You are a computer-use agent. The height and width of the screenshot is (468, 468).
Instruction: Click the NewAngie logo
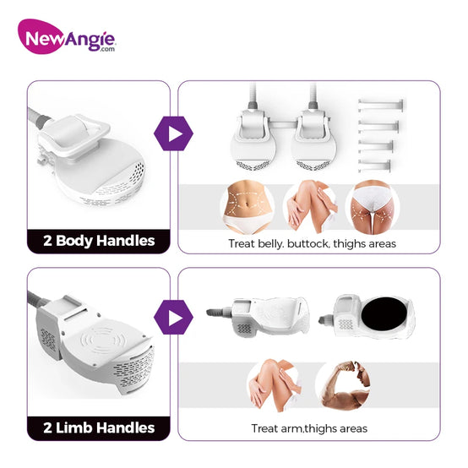click(66, 37)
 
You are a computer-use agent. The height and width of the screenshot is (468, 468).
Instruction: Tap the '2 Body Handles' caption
click(99, 241)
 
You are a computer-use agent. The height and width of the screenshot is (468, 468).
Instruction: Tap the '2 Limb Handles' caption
click(99, 427)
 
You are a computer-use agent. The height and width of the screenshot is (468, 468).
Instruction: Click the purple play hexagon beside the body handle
click(173, 133)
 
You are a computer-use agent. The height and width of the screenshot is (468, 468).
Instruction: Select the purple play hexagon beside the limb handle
click(173, 318)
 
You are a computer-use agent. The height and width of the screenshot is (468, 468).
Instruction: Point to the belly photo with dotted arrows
click(248, 206)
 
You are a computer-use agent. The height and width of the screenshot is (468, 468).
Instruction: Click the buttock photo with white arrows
click(373, 206)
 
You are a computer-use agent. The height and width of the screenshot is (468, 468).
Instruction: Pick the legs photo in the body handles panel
click(310, 206)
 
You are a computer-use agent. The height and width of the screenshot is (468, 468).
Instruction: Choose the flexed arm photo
click(346, 385)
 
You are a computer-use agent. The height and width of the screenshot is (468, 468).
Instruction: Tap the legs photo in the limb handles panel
click(274, 385)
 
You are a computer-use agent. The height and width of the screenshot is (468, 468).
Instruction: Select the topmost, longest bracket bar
click(380, 105)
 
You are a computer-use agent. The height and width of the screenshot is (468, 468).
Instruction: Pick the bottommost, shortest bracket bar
click(374, 166)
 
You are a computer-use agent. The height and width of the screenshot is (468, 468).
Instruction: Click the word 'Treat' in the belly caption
click(242, 243)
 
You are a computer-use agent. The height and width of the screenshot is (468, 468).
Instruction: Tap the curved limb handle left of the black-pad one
click(258, 317)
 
